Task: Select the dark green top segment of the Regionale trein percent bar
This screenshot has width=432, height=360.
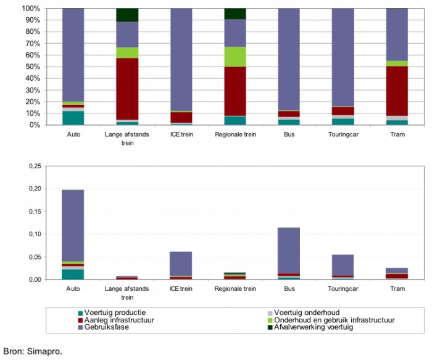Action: tap(235, 14)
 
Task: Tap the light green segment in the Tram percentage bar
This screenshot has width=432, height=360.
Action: tap(397, 63)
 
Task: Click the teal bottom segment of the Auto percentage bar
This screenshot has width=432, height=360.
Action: tap(73, 118)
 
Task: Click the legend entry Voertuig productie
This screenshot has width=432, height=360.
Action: tap(112, 312)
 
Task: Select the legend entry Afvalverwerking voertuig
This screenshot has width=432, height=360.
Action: tap(314, 327)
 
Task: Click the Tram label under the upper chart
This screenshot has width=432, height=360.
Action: tap(397, 134)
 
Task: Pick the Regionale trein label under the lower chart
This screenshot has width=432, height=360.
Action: tap(235, 288)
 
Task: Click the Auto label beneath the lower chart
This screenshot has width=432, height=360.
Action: tap(73, 288)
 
